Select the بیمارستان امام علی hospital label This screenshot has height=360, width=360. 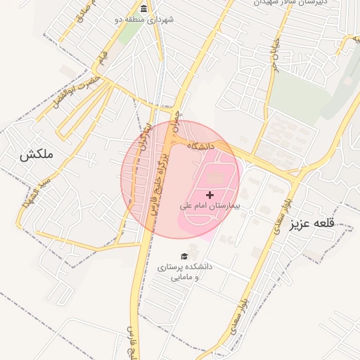(210, 207)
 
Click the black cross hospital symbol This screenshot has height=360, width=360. (210, 194)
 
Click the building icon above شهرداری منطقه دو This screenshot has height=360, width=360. (144, 9)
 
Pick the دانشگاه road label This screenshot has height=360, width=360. (200, 146)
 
